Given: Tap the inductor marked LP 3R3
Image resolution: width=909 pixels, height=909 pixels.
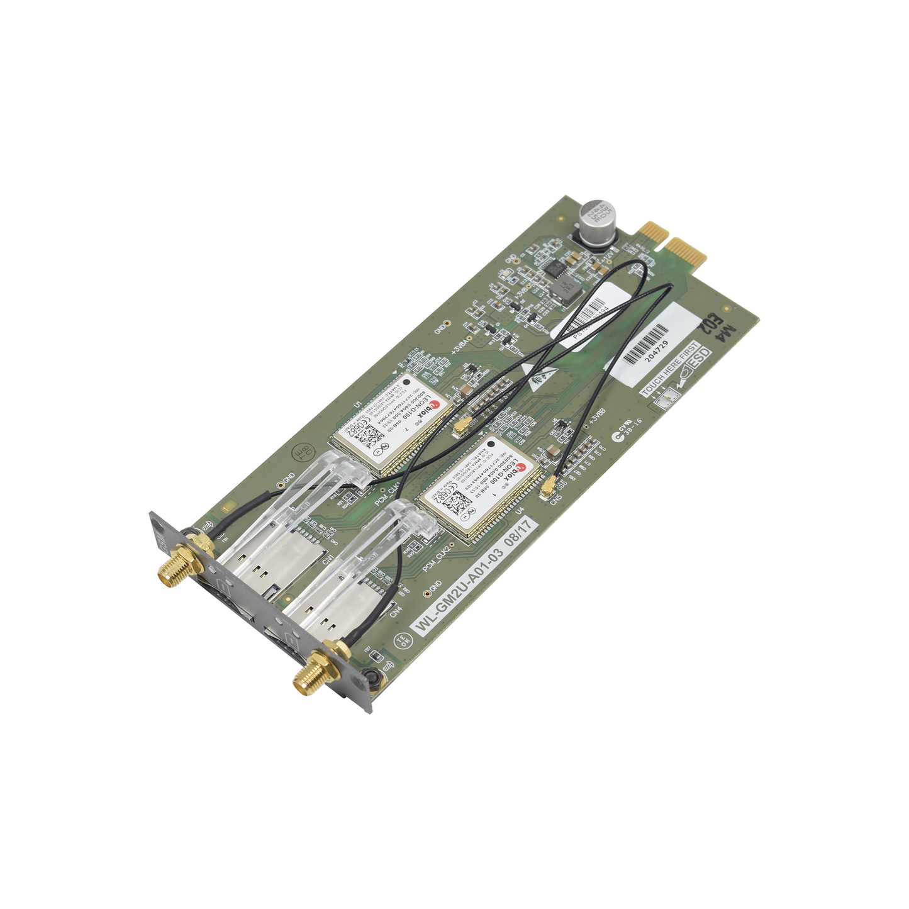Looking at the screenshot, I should [567, 288].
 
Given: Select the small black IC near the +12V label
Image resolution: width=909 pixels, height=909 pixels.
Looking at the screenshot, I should [554, 269].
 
